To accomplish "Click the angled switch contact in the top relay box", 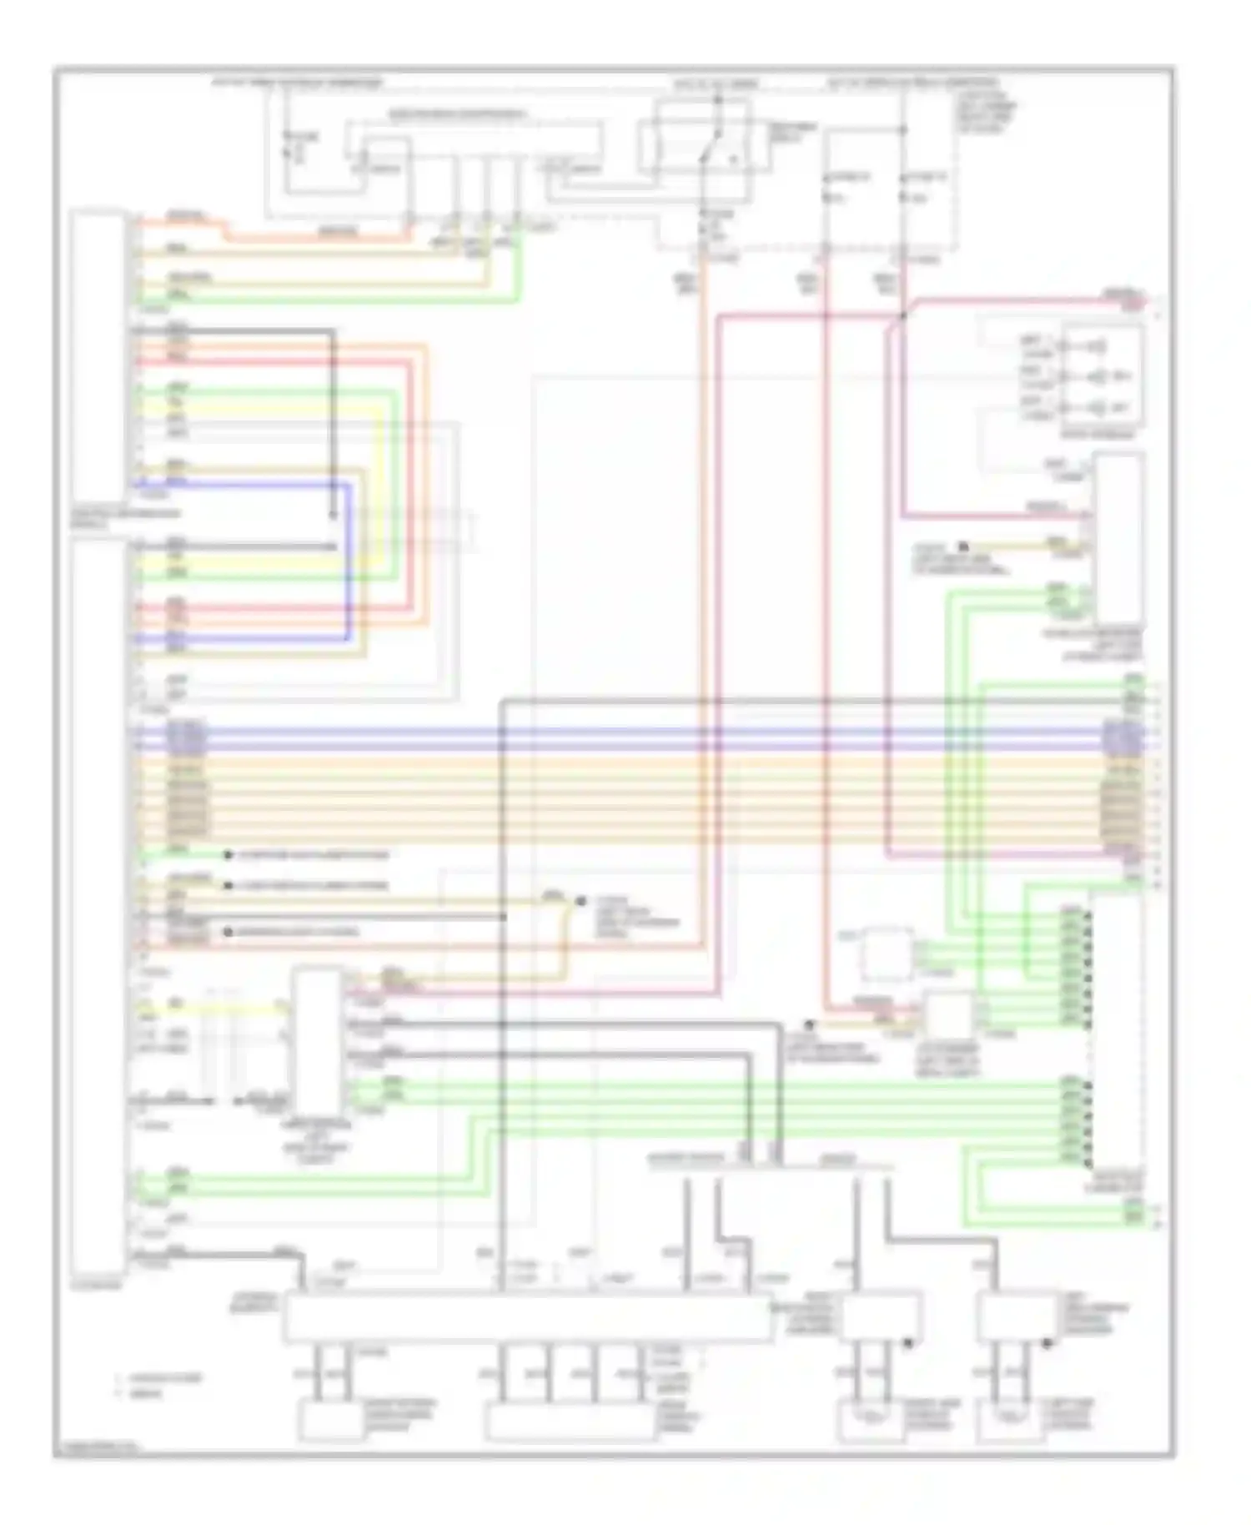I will click(x=709, y=154).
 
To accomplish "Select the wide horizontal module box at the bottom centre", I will click(x=527, y=1318).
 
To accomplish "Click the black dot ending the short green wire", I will click(x=228, y=855).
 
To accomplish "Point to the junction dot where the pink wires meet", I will click(x=903, y=316).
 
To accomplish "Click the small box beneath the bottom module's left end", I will click(x=330, y=1422).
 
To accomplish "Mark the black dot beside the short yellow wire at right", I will click(x=964, y=546).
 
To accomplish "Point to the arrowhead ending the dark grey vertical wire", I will click(x=333, y=514).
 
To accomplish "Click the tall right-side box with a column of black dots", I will click(x=1116, y=1034).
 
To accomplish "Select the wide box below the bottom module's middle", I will click(x=570, y=1422).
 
